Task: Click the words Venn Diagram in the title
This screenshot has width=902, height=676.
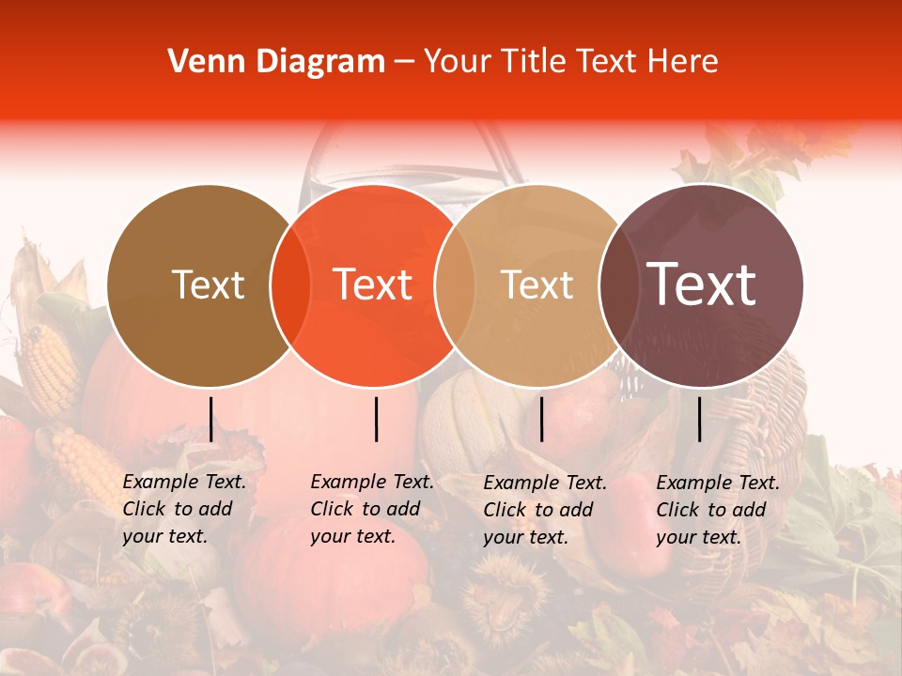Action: [276, 62]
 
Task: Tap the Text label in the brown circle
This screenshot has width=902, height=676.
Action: [208, 284]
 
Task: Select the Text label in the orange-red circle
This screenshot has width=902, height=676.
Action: [373, 284]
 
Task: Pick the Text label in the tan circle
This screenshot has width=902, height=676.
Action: [537, 284]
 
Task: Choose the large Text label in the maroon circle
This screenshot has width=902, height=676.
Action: [702, 284]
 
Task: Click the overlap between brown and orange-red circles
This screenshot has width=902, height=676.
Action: [291, 285]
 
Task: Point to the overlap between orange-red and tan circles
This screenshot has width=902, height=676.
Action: [455, 285]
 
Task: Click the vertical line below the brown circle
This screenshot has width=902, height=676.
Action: [210, 419]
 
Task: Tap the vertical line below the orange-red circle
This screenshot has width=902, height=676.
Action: [376, 419]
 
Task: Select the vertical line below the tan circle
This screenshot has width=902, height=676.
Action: [541, 419]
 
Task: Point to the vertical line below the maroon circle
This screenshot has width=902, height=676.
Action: [699, 419]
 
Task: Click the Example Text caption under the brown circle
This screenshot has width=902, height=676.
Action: [184, 509]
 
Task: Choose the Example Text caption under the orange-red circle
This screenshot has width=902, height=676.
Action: [372, 509]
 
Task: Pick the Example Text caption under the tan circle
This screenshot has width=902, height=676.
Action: [545, 510]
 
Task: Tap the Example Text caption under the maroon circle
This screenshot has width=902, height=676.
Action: [718, 510]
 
